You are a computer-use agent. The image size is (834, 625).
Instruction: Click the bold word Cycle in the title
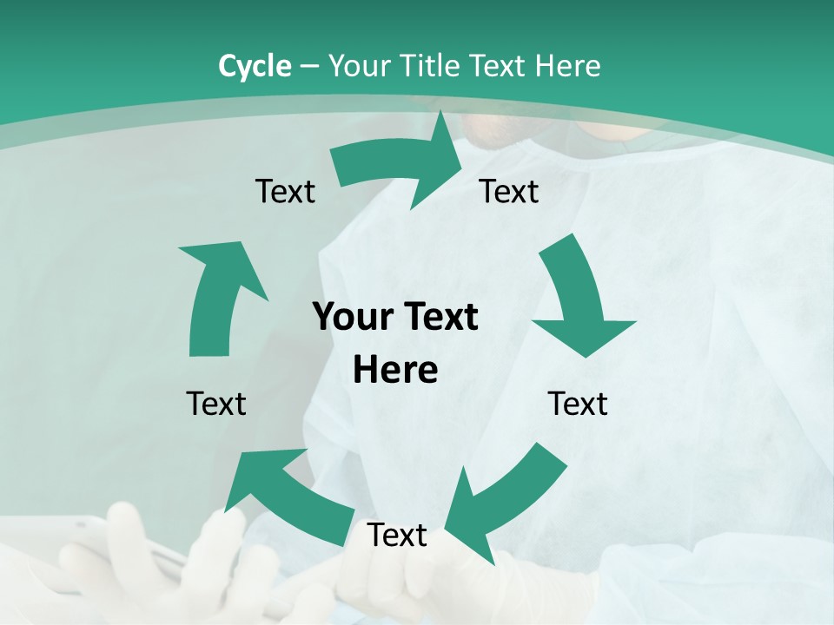(x=255, y=66)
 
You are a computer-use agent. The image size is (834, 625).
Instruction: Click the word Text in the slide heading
(x=500, y=66)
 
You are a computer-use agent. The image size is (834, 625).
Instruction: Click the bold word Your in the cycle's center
(x=353, y=317)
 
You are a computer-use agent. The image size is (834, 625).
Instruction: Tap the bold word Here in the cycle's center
(x=395, y=370)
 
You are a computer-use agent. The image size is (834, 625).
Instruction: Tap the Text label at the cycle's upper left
(x=285, y=191)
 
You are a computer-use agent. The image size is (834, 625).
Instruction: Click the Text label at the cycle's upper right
(x=509, y=191)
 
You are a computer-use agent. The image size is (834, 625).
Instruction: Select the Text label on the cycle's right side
(x=578, y=404)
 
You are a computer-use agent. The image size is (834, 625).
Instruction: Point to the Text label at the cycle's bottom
(x=397, y=535)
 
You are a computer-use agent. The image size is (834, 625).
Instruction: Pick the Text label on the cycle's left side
(x=216, y=404)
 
